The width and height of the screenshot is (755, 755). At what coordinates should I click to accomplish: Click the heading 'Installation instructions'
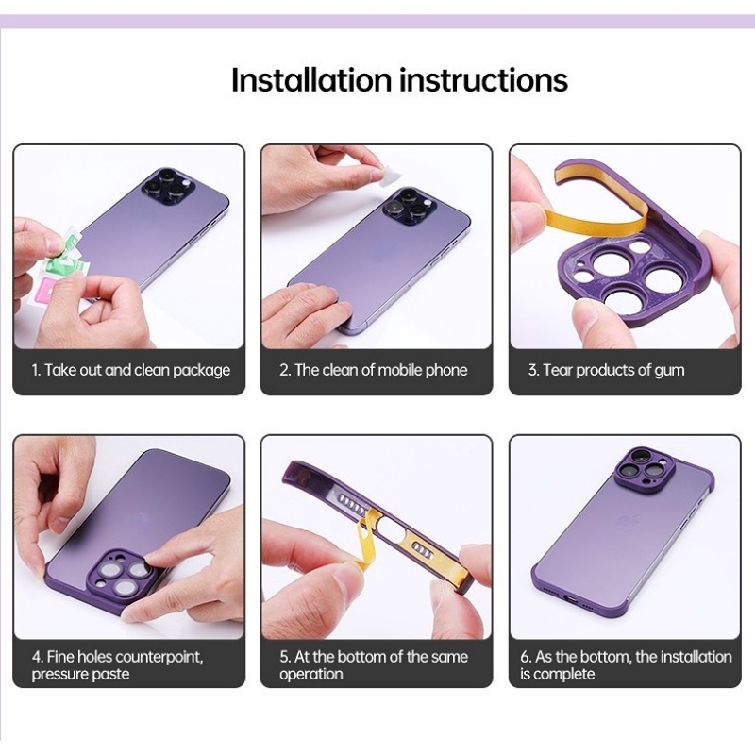tap(399, 80)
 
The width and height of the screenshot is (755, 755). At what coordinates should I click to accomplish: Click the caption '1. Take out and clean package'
tap(131, 370)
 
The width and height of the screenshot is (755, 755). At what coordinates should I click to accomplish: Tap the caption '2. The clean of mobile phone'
tap(373, 370)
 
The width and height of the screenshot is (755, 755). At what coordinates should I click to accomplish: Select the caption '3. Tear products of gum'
tap(606, 370)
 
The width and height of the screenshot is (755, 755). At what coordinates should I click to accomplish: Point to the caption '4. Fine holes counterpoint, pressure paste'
tap(117, 664)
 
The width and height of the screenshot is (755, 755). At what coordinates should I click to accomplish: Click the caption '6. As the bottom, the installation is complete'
tap(625, 664)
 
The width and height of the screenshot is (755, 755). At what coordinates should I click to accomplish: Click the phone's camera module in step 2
tap(409, 207)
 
